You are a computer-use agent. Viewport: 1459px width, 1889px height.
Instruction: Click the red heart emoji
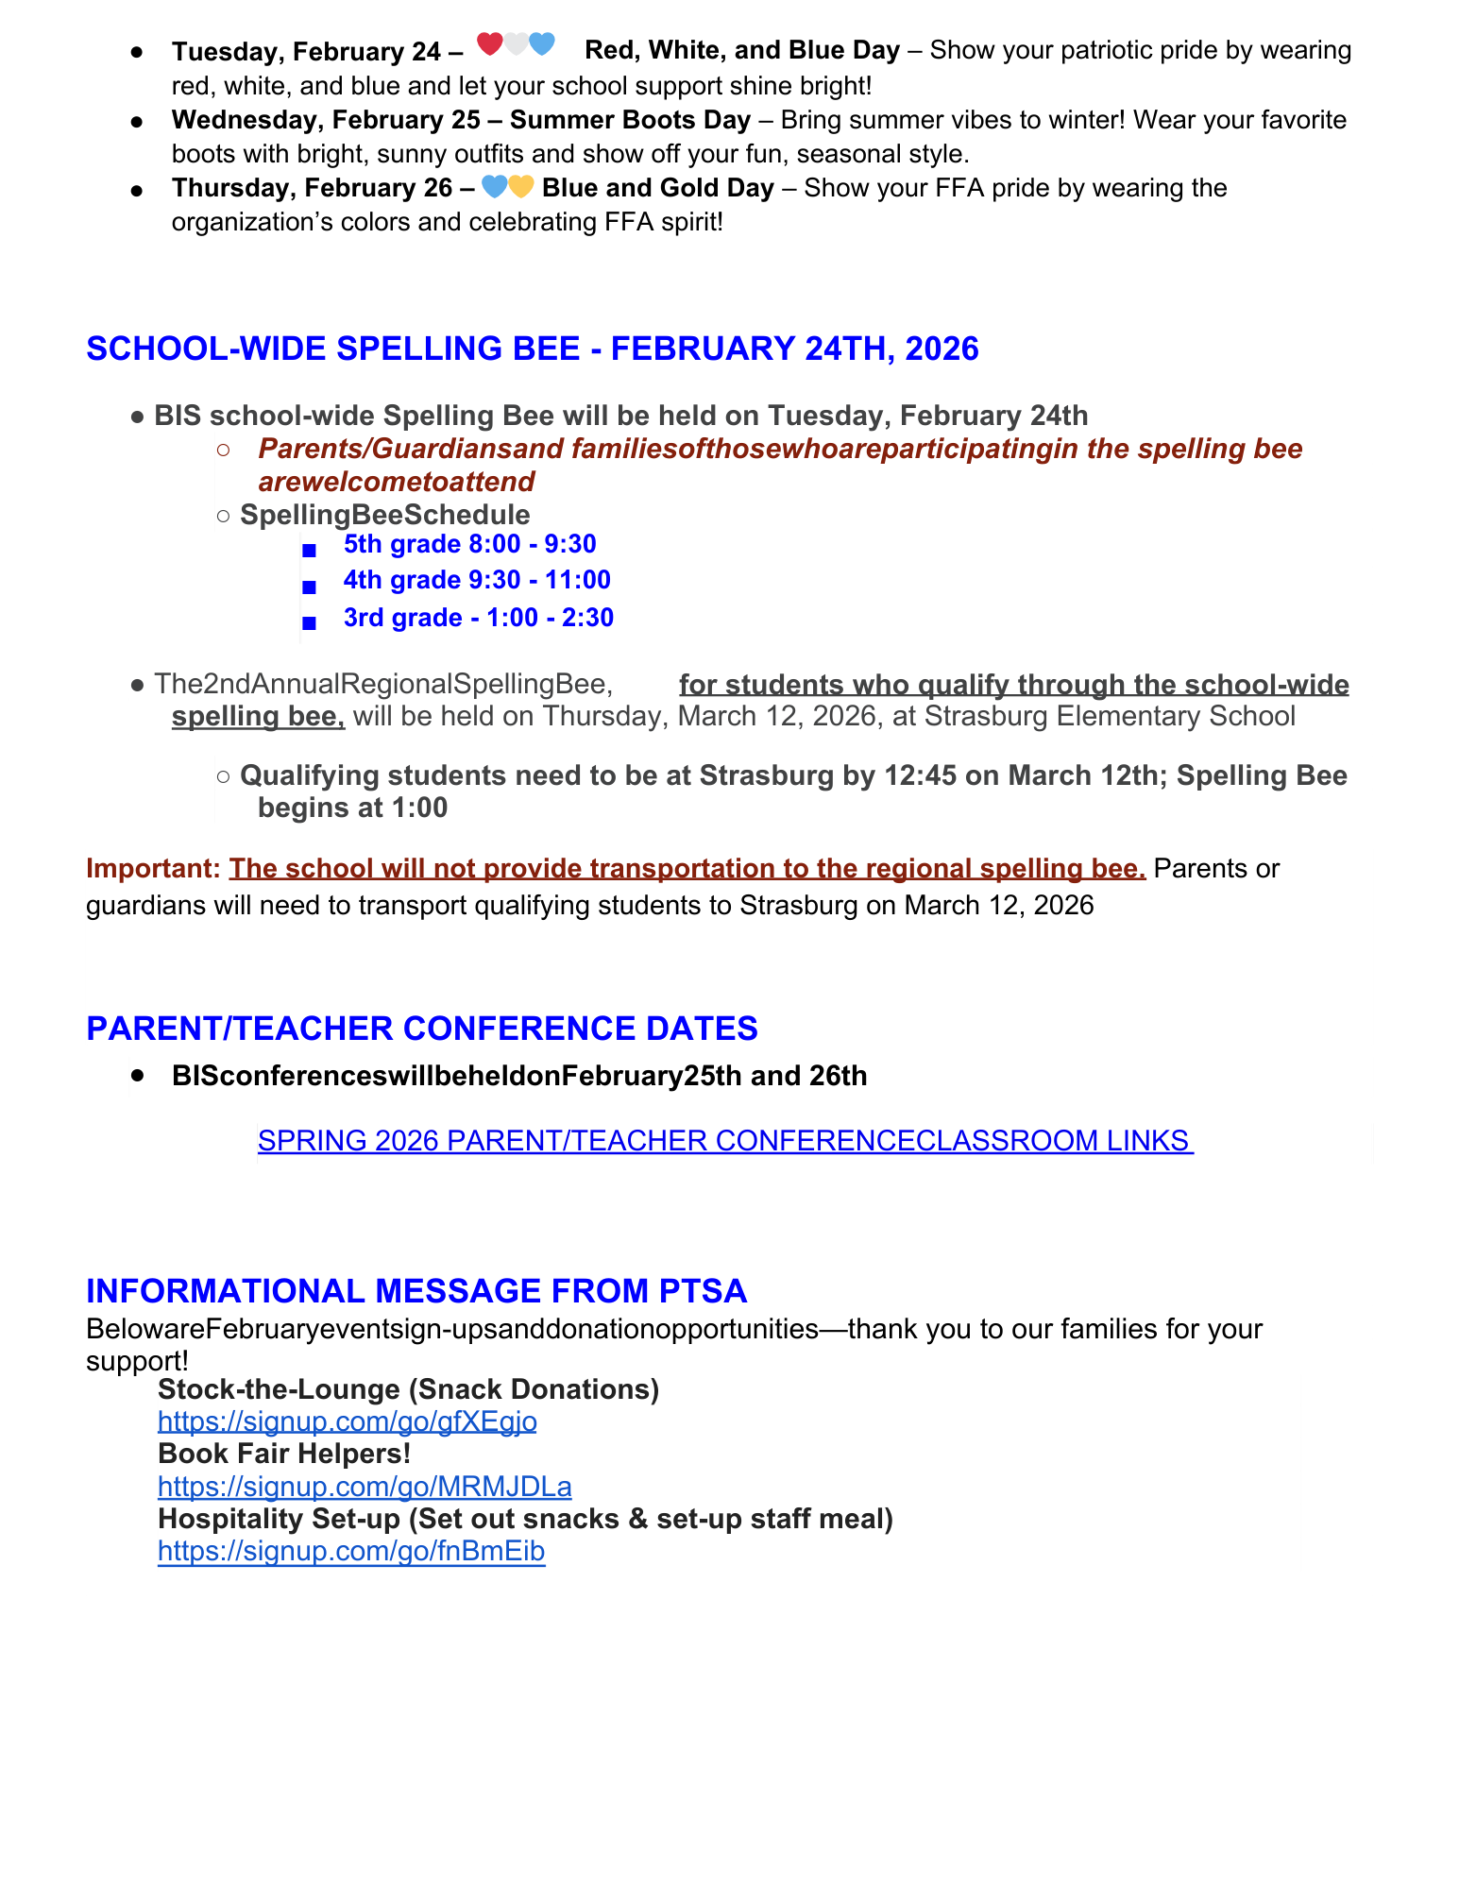click(489, 43)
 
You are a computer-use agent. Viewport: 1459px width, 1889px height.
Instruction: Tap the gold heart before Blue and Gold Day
click(521, 187)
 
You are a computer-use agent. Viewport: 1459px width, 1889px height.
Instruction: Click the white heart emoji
click(516, 43)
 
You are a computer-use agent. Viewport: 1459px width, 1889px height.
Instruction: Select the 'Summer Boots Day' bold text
click(630, 120)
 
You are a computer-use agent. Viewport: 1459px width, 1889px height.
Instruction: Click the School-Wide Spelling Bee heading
click(532, 349)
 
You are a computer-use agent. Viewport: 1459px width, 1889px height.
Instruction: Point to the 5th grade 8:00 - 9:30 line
click(469, 544)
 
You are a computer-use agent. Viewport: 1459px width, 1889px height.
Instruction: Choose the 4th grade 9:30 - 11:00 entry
click(477, 580)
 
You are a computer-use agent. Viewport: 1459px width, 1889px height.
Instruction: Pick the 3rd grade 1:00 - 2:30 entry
click(478, 618)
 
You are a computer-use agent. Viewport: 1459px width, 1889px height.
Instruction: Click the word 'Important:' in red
click(152, 868)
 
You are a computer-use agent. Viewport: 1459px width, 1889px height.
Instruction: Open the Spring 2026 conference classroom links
click(724, 1141)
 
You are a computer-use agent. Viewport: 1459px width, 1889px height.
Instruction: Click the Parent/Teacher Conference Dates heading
click(421, 1029)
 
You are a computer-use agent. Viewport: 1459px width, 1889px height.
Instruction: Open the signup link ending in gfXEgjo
click(347, 1421)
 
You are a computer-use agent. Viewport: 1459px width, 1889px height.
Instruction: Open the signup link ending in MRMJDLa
click(365, 1487)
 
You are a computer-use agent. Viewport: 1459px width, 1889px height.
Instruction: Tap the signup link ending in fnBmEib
click(351, 1551)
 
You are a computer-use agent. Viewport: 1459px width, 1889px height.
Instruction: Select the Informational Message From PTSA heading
click(416, 1291)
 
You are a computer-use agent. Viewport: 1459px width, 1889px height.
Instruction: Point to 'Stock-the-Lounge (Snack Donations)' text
click(408, 1389)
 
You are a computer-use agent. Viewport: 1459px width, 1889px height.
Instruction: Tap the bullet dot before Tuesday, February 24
click(138, 52)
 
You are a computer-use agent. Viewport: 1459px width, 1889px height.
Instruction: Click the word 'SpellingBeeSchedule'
click(384, 515)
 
